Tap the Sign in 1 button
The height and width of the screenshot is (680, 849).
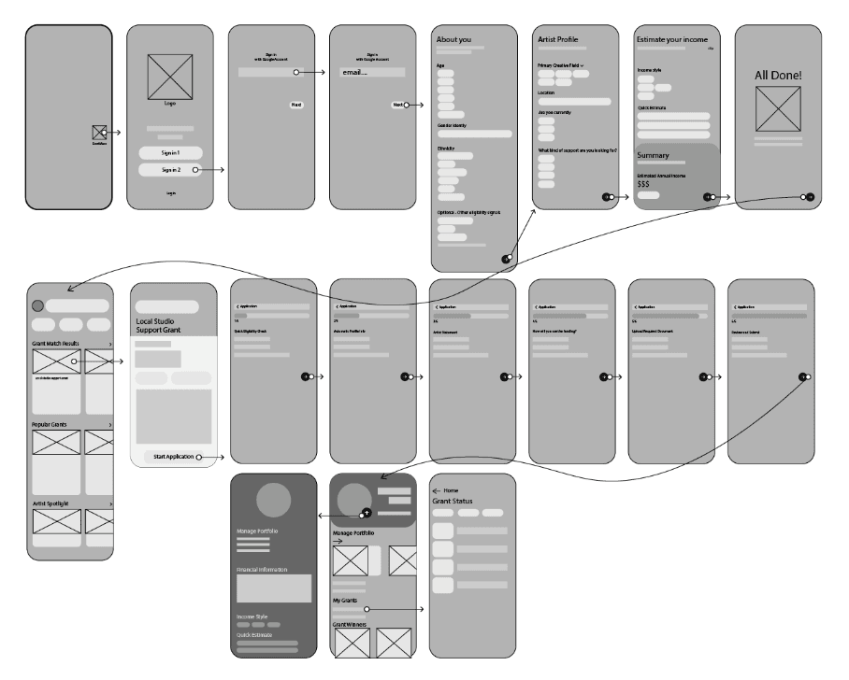[x=169, y=152]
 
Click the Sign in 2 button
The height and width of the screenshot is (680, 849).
[x=169, y=170]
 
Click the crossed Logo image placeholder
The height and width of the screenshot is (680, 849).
[x=170, y=76]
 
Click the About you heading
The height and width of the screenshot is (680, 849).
[x=453, y=40]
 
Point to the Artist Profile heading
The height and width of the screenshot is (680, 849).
[x=557, y=40]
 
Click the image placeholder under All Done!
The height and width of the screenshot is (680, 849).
[x=778, y=109]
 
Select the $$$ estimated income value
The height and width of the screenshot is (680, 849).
[x=643, y=185]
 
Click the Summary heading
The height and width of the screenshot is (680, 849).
[x=653, y=155]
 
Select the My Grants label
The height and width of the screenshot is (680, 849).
[x=347, y=600]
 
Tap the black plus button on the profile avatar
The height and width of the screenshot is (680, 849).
[x=367, y=514]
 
